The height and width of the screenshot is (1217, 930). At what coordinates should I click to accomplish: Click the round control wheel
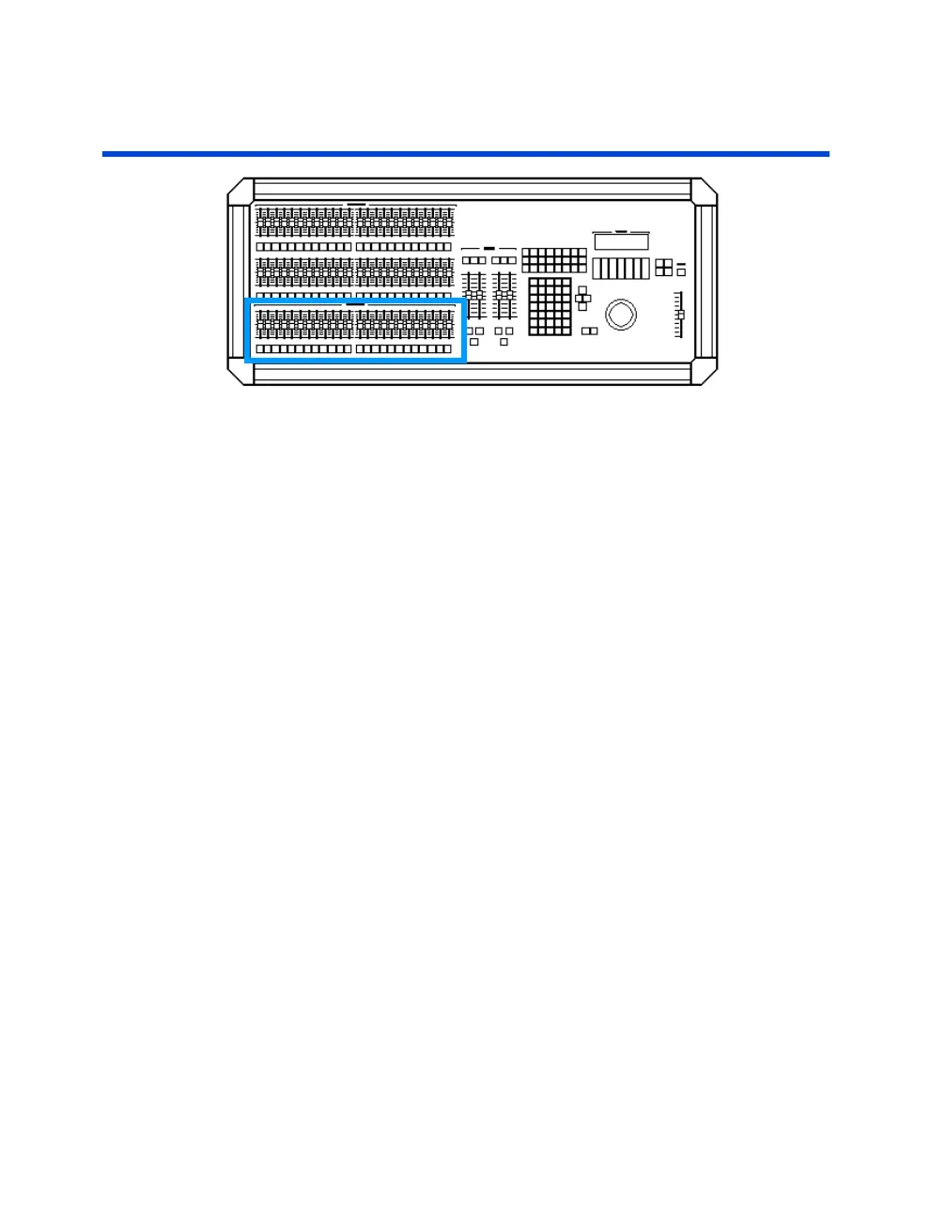click(x=620, y=314)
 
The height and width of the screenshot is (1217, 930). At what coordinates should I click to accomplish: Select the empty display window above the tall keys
click(x=621, y=242)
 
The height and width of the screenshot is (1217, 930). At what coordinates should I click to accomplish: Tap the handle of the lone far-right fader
click(x=680, y=314)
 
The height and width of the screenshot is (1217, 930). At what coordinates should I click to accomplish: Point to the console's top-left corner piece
click(x=240, y=191)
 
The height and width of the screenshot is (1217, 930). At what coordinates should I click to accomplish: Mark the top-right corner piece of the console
click(x=705, y=191)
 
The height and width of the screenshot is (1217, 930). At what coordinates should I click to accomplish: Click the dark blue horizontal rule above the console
click(x=465, y=153)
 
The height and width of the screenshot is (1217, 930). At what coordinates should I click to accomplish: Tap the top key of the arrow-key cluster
click(x=582, y=291)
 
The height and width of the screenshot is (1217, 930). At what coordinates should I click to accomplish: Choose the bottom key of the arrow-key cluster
click(x=582, y=307)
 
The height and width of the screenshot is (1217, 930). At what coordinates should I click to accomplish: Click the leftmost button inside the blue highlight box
click(x=260, y=349)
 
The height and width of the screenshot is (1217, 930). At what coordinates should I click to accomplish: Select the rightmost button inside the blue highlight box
click(x=447, y=349)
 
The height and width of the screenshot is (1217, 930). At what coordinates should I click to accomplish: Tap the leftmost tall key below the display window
click(x=597, y=269)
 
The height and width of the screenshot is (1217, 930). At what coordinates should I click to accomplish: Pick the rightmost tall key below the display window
click(x=644, y=269)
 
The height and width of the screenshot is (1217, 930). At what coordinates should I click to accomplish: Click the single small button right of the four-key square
click(x=681, y=272)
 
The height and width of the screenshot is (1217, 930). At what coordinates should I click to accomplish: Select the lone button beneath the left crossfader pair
click(x=474, y=342)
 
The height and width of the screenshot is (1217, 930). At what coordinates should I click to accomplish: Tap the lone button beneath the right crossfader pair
click(x=504, y=342)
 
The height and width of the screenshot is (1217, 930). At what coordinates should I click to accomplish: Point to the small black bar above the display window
click(x=621, y=230)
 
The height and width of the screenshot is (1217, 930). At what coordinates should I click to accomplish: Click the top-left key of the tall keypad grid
click(x=534, y=283)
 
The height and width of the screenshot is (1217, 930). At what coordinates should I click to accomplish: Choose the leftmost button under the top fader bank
click(x=260, y=247)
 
